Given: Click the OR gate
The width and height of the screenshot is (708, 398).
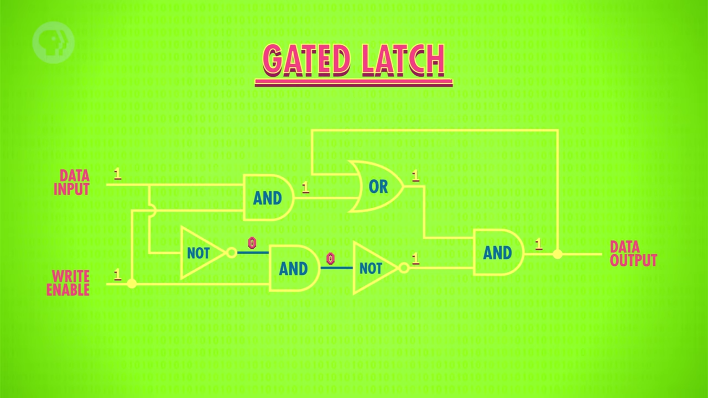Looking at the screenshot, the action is coord(376,186).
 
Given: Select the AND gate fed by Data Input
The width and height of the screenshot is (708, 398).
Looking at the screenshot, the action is coord(269,197).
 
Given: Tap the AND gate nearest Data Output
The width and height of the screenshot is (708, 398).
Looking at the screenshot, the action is coord(499,253).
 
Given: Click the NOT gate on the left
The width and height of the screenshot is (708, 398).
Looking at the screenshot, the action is coord(202,253).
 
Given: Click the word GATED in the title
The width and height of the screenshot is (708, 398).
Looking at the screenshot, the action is coord(306,60).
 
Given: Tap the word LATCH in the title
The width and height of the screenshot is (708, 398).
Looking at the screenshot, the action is coord(404,60).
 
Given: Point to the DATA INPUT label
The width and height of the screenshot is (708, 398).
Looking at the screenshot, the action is coord(72,182).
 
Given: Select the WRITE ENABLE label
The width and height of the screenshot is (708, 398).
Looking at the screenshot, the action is coord(68,283).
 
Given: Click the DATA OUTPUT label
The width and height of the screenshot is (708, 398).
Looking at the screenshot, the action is coord(633,254).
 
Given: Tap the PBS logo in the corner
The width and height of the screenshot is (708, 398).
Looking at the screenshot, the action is coord(53,43).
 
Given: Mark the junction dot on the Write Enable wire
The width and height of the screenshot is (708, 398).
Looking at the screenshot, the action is coord(132,284).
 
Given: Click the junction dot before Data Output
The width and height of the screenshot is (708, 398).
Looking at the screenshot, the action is coord(558,254).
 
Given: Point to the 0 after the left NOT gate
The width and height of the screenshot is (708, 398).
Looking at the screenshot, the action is coord(252,243).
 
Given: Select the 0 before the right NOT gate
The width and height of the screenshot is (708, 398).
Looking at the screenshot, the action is coord(330,258).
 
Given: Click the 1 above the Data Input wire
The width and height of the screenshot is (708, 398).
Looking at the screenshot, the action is coord(118,174).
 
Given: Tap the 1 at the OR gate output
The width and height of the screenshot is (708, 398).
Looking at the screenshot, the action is coord(415,176).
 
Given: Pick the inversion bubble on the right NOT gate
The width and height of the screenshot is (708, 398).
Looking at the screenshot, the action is coord(404,268).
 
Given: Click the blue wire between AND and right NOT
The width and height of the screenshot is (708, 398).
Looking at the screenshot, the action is coord(337,268).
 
